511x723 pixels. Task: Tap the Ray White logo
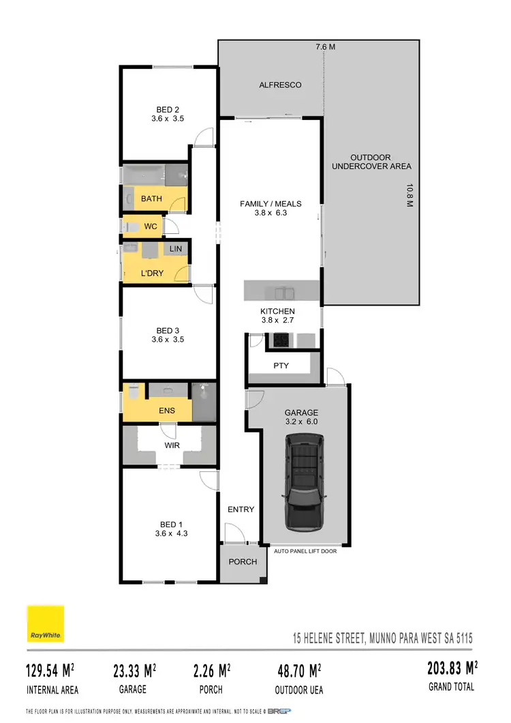pyautogui.click(x=46, y=624)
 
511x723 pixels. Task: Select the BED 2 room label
pyautogui.click(x=168, y=109)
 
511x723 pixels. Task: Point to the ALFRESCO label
pyautogui.click(x=280, y=85)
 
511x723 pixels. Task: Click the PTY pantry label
pyautogui.click(x=281, y=366)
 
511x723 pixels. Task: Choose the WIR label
pyautogui.click(x=172, y=445)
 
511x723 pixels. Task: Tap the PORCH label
pyautogui.click(x=243, y=562)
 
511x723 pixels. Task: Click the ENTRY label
pyautogui.click(x=241, y=510)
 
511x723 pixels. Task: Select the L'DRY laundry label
pyautogui.click(x=153, y=274)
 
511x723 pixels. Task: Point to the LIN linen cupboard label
pyautogui.click(x=176, y=249)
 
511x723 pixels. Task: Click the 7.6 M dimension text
pyautogui.click(x=325, y=47)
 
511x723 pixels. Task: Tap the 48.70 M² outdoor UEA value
pyautogui.click(x=299, y=671)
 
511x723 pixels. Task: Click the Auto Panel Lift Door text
pyautogui.click(x=305, y=551)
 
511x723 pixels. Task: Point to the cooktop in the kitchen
pyautogui.click(x=280, y=339)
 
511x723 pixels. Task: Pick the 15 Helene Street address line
pyautogui.click(x=378, y=639)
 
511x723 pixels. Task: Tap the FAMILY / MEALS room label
pyautogui.click(x=270, y=204)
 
